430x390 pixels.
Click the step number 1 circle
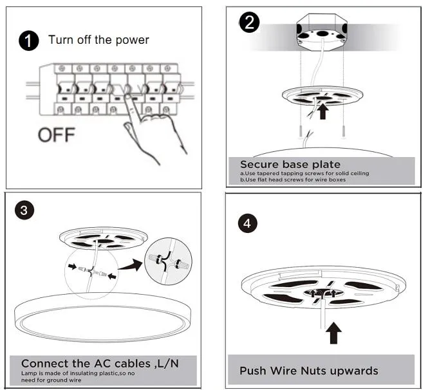29,41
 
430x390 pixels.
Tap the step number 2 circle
249,23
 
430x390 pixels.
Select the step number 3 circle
24,210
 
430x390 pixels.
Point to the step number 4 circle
248,223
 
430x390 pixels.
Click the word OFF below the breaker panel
57,135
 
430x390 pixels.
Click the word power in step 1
133,41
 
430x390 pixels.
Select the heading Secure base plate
290,164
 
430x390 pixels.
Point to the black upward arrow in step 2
323,111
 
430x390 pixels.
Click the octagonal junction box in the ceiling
322,32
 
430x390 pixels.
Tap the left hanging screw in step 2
301,133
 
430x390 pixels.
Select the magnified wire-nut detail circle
168,261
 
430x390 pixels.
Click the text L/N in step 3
168,364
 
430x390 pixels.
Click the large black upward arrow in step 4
333,333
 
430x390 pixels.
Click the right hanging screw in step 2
344,133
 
